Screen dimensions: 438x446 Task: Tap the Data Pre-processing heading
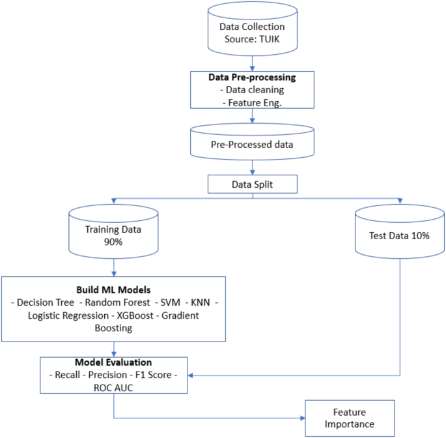coord(252,77)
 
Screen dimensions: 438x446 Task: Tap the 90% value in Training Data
coord(114,241)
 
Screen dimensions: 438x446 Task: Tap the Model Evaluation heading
coord(115,362)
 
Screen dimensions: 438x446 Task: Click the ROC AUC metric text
coord(115,387)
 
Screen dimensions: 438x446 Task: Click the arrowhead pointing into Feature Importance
coord(308,418)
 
